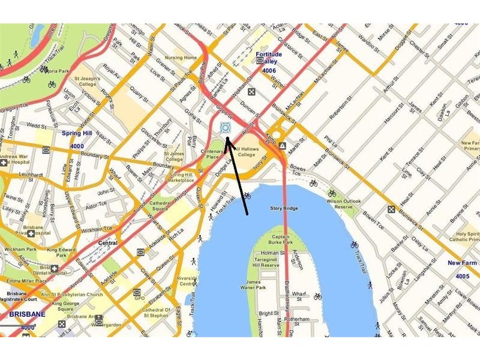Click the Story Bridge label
[284, 209]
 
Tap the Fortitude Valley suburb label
[268, 58]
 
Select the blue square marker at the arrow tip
[225, 127]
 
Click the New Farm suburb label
[462, 263]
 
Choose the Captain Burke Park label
[277, 239]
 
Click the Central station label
[107, 243]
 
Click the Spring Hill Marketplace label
[181, 177]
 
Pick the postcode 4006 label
[269, 70]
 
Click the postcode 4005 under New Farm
[462, 276]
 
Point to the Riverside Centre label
[187, 281]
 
